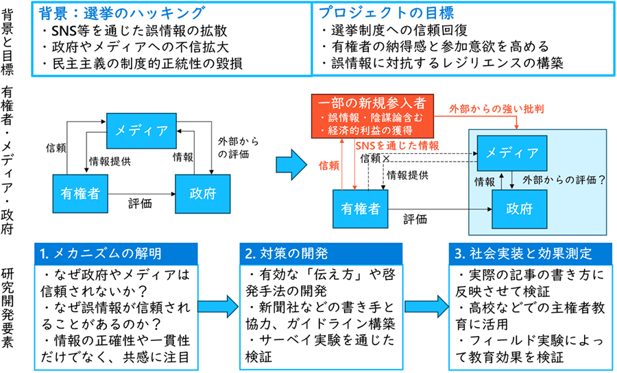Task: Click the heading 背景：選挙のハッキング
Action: tap(121, 13)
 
